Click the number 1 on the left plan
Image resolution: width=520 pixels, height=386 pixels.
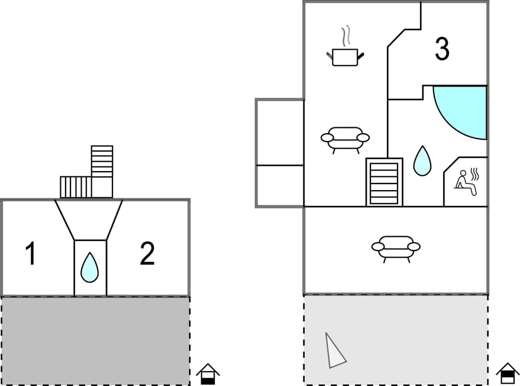coord(30,254)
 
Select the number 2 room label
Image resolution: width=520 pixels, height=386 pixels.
coord(147,254)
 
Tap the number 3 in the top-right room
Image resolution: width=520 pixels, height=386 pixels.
coord(442,50)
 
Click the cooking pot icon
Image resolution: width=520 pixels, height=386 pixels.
coord(345,57)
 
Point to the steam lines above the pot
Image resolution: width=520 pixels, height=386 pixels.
coord(345,35)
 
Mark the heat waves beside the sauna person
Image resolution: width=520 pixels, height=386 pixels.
coord(474,174)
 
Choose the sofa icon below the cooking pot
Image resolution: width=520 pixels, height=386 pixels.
coord(345,139)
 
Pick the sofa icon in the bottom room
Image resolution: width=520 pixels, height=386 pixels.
coord(396,247)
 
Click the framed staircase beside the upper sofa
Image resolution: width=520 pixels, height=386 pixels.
coord(384,182)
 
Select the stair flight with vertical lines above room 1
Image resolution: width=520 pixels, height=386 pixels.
coord(76,187)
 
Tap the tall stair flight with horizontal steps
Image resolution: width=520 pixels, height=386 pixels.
coord(102,162)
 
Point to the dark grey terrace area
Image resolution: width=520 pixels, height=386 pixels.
coord(95,340)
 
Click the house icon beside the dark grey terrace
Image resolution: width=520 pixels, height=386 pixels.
coord(208,374)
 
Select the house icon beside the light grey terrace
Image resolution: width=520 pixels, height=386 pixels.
coord(508,374)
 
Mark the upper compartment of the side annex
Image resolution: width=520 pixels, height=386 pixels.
coord(280,132)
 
